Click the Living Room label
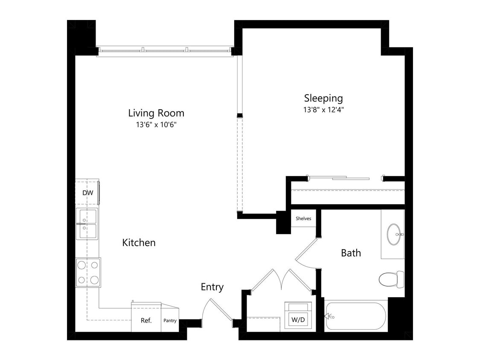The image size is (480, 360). tap(156, 113)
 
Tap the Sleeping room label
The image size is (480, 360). tap(323, 98)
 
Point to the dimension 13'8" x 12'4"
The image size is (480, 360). tap(323, 110)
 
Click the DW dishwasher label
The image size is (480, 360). tap(87, 193)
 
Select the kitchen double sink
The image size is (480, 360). tap(87, 224)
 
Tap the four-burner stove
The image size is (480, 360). tap(88, 273)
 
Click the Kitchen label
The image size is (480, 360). tap(139, 243)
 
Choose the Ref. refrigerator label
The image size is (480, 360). tap(146, 321)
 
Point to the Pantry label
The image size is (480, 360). tap(170, 321)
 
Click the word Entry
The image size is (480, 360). tap(212, 287)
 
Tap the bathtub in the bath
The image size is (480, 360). tap(355, 316)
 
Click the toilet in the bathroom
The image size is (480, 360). tap(390, 279)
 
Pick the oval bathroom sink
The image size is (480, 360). tap(393, 234)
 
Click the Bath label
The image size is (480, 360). tap(351, 253)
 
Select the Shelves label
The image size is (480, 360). tap(303, 218)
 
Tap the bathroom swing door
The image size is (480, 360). tap(306, 254)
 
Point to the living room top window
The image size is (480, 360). tap(164, 51)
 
